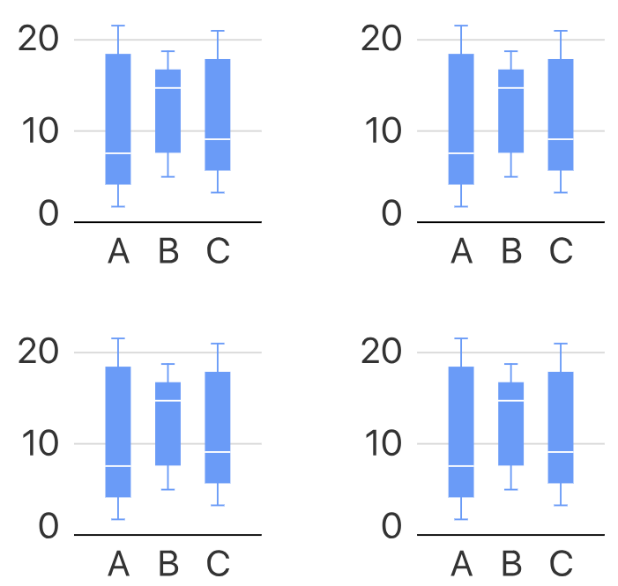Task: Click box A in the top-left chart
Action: coord(118,119)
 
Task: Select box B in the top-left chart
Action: coord(168,110)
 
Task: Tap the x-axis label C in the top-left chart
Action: coord(218,251)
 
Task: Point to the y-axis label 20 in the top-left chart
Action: coord(39,39)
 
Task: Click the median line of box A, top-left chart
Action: coord(118,153)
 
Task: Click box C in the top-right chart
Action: coord(561,115)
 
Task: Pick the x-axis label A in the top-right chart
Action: coord(461,251)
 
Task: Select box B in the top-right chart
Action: coord(510,110)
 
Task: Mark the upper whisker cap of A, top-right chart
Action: coord(461,26)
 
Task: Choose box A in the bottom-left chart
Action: coord(118,432)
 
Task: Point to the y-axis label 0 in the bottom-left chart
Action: coord(48,527)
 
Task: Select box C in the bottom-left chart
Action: coord(218,427)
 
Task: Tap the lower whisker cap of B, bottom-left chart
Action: coord(168,489)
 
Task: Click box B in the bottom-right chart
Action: coord(510,423)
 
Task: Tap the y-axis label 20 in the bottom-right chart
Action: coord(382,352)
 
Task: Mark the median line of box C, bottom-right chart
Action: coord(561,452)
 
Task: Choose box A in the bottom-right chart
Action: coord(461,432)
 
